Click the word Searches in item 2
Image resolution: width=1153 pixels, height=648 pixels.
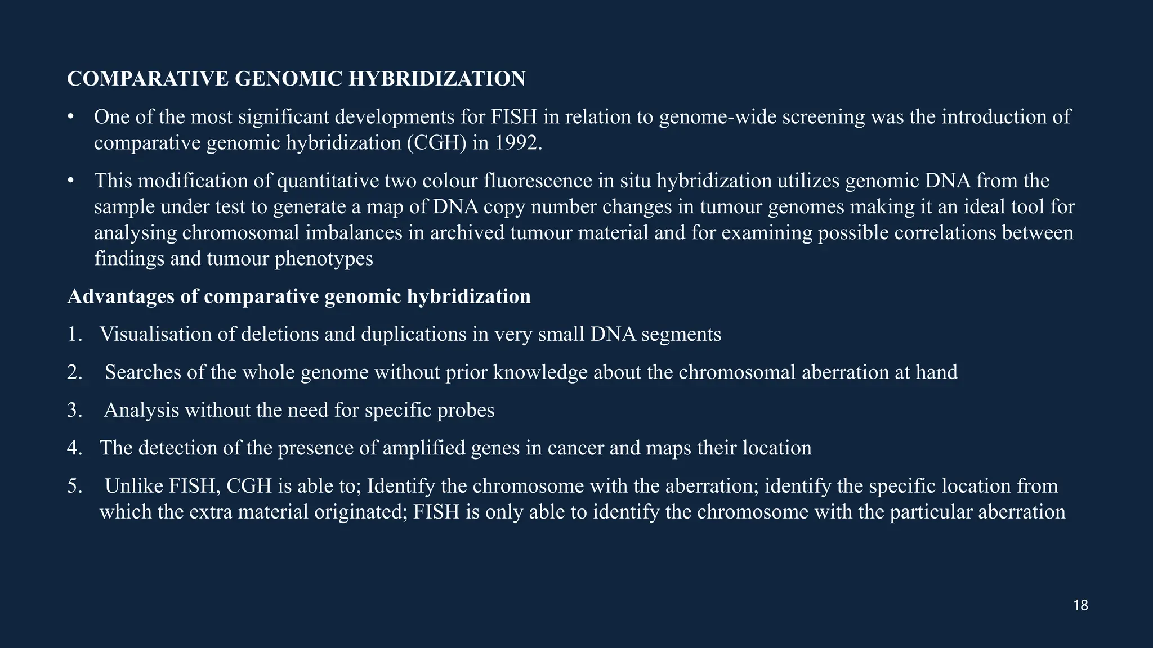[x=143, y=372]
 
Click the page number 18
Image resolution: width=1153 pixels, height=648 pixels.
[x=1080, y=606]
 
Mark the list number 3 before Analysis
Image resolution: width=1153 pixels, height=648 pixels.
[x=73, y=410]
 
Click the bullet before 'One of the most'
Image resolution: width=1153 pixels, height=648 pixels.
[x=70, y=117]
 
